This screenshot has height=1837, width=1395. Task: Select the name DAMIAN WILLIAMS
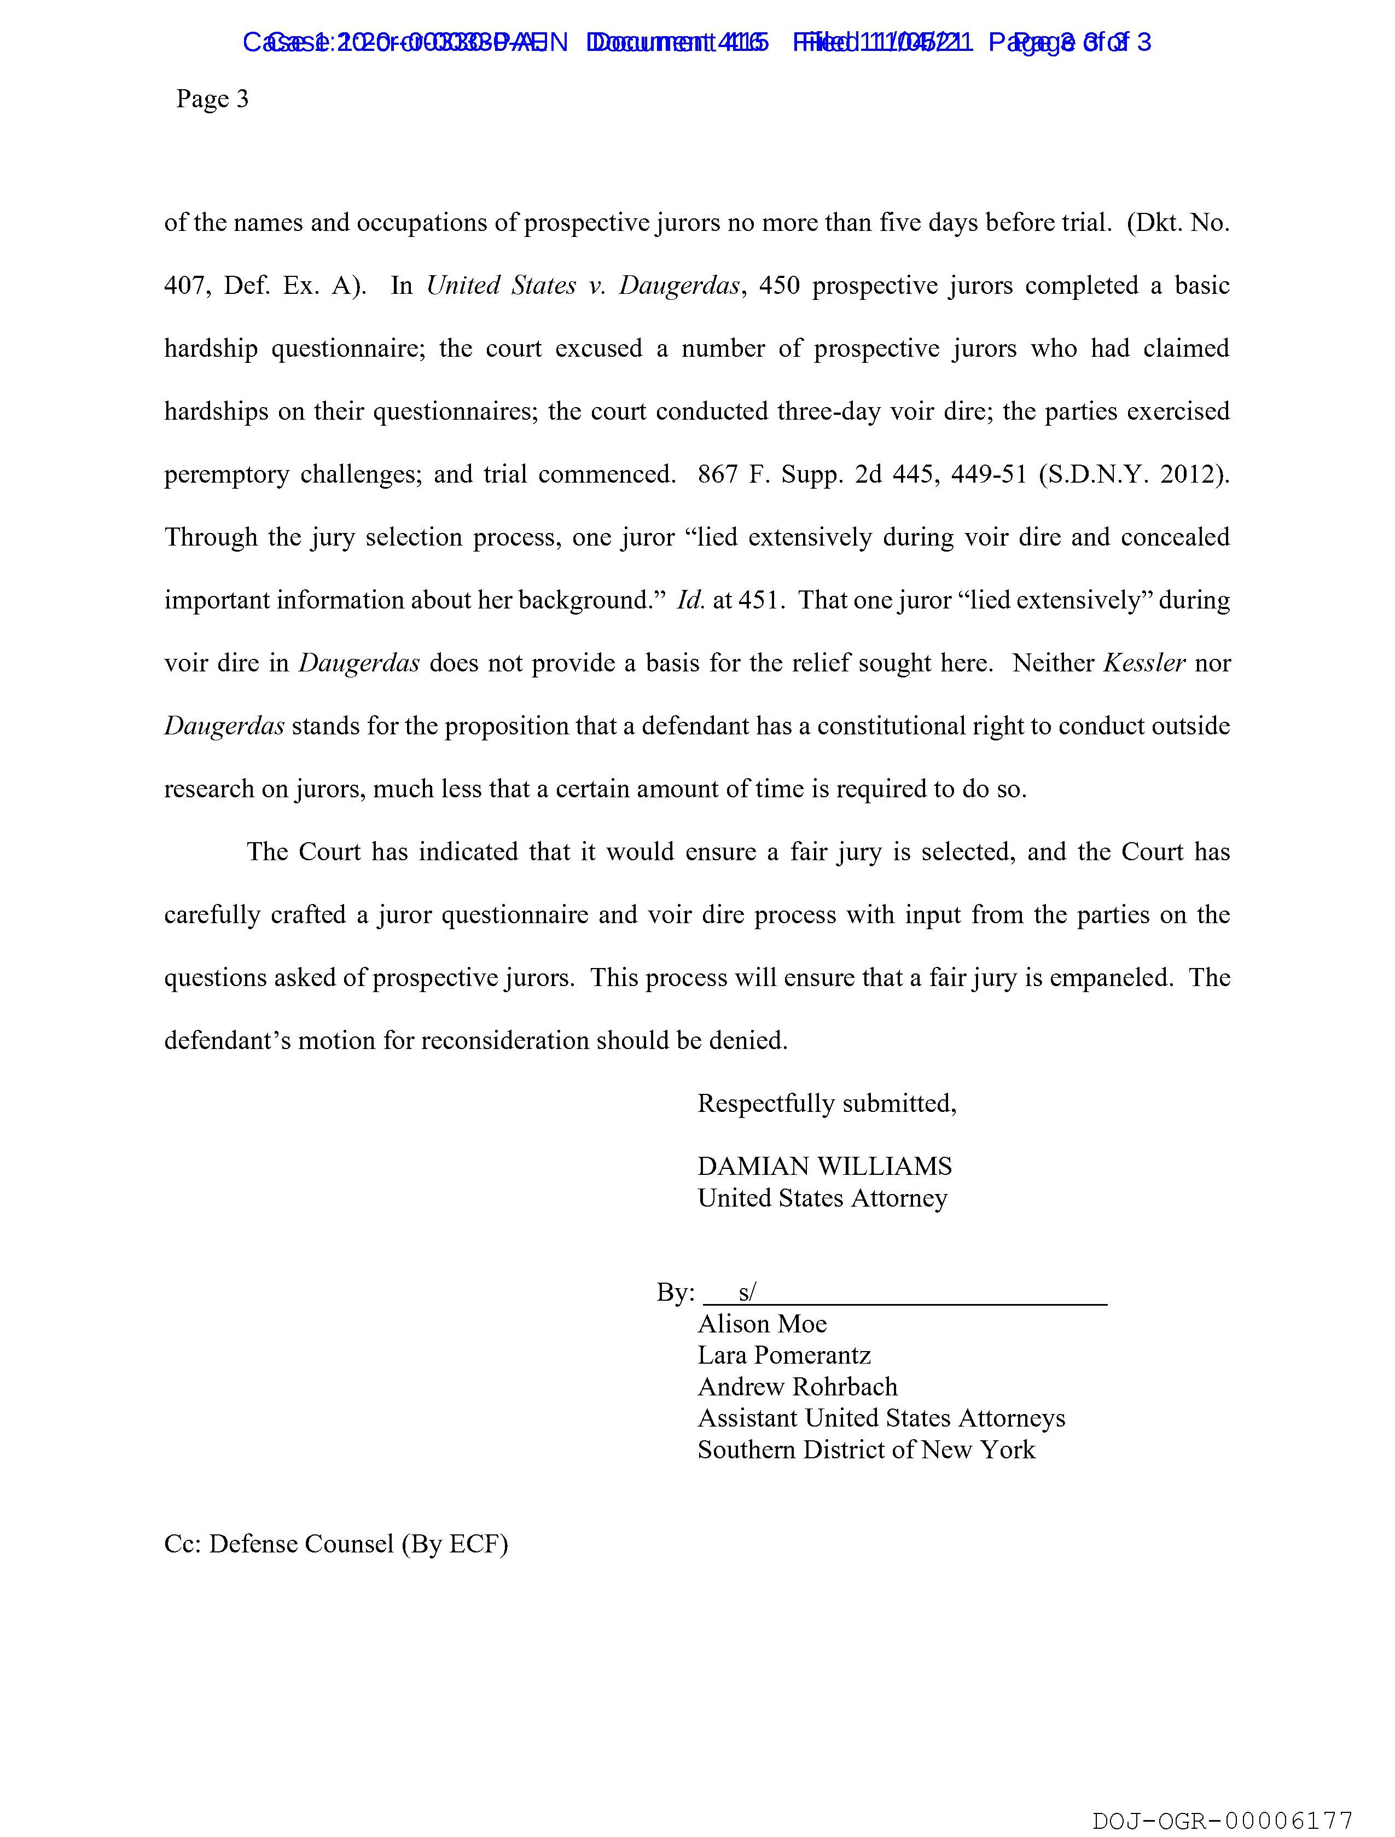pyautogui.click(x=824, y=1166)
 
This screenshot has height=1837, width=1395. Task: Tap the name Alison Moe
pyautogui.click(x=762, y=1324)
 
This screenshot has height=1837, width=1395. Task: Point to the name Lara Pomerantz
pyautogui.click(x=784, y=1355)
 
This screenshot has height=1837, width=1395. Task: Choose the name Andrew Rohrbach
pyautogui.click(x=797, y=1387)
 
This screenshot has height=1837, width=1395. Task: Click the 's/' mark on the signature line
pyautogui.click(x=747, y=1292)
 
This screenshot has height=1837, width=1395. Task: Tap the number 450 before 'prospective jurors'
pyautogui.click(x=779, y=286)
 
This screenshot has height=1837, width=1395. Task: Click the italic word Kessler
pyautogui.click(x=1143, y=663)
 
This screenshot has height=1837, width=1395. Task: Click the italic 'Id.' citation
pyautogui.click(x=690, y=600)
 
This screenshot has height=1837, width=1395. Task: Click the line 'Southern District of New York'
pyautogui.click(x=866, y=1450)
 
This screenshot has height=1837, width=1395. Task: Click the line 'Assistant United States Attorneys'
pyautogui.click(x=881, y=1418)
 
